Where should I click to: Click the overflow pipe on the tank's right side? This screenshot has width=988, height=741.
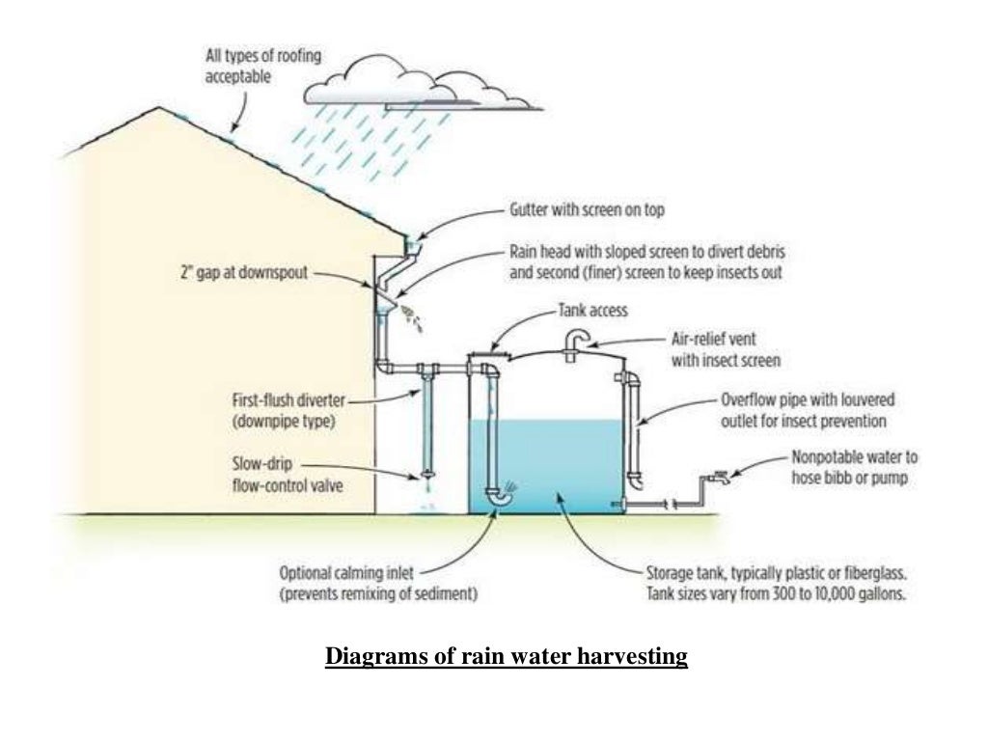point(634,425)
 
